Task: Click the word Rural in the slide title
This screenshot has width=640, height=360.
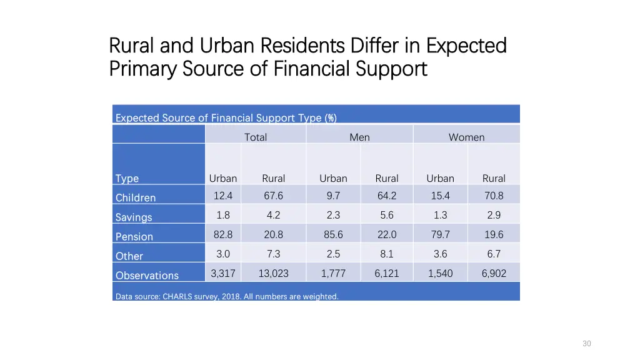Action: pos(132,46)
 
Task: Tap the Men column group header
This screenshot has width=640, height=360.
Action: pos(359,137)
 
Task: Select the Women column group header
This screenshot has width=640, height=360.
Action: pos(466,137)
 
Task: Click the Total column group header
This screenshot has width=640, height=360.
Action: pos(255,137)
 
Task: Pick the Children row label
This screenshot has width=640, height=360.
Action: pos(136,197)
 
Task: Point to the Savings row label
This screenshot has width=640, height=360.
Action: pos(134,217)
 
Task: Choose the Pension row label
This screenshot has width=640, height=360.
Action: pos(134,237)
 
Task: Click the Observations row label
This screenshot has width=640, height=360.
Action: pos(147,276)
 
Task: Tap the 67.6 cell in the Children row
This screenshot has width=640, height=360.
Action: pos(273,196)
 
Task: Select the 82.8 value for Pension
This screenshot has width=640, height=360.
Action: pos(222,234)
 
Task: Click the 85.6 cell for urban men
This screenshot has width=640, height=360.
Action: pos(333,234)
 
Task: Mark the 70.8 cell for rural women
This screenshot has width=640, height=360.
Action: pos(494,196)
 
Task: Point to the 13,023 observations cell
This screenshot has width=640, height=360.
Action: pos(273,273)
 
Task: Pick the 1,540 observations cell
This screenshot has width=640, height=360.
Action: pos(440,273)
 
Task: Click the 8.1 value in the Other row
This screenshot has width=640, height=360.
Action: pos(387,254)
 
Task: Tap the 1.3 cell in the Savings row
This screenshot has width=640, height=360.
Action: pos(440,215)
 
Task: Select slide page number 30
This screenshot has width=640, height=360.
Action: pos(586,344)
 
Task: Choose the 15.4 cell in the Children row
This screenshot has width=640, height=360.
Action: pos(440,196)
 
